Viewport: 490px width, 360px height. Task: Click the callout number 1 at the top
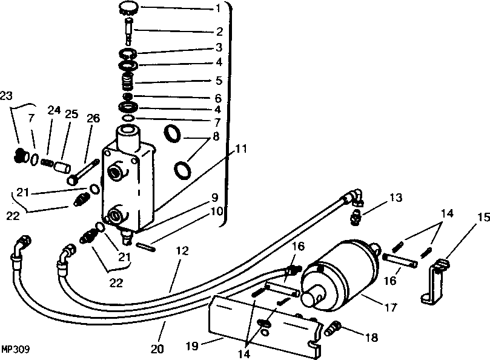218,8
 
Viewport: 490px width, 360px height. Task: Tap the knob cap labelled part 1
127,8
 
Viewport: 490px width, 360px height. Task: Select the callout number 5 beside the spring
219,81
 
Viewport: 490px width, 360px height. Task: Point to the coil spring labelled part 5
128,81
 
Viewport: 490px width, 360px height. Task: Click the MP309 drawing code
15,349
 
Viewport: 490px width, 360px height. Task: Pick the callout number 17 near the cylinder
390,308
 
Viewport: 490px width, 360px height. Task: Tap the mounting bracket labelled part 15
435,281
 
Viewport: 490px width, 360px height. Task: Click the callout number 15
484,217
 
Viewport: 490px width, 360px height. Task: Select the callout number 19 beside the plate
192,346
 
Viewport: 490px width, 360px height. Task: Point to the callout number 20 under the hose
157,348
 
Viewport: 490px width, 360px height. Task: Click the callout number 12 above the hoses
182,251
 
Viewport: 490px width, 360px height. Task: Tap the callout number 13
396,198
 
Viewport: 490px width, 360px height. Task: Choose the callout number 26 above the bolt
93,118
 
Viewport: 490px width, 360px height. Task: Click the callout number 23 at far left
6,96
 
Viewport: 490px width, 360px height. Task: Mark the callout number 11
240,149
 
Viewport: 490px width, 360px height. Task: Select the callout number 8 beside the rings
216,137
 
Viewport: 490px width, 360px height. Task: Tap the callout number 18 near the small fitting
371,338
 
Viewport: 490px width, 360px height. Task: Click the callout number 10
217,212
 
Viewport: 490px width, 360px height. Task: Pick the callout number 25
71,114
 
